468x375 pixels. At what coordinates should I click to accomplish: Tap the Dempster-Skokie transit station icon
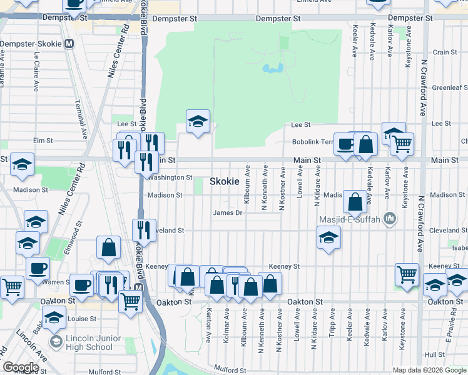[x=69, y=44]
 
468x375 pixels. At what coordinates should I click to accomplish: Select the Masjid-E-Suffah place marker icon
[x=390, y=217]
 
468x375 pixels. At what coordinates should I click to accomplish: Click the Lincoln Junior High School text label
[x=89, y=343]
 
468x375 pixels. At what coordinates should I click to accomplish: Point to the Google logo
[x=21, y=367]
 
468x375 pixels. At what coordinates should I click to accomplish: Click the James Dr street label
[x=227, y=212]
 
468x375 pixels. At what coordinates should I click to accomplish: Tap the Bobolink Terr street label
[x=311, y=142]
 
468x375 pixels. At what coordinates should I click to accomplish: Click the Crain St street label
[x=445, y=52]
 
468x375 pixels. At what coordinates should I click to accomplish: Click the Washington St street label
[x=170, y=177]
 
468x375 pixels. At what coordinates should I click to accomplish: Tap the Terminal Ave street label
[x=81, y=119]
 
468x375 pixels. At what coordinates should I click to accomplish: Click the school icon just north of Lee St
[x=198, y=121]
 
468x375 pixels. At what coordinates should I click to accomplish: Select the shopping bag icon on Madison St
[x=355, y=201]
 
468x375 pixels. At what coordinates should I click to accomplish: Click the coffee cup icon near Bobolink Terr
[x=345, y=144]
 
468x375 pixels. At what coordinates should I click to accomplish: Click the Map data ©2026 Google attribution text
[x=429, y=370]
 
